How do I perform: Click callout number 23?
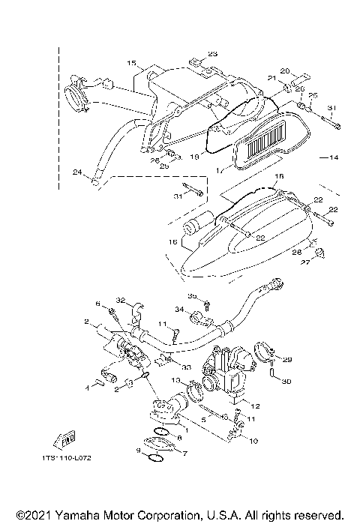(x=212, y=54)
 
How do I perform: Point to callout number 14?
(x=334, y=157)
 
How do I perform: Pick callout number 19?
(x=194, y=157)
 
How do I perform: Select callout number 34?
(x=180, y=309)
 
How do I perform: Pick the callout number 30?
(x=285, y=381)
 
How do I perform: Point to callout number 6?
(x=97, y=304)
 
